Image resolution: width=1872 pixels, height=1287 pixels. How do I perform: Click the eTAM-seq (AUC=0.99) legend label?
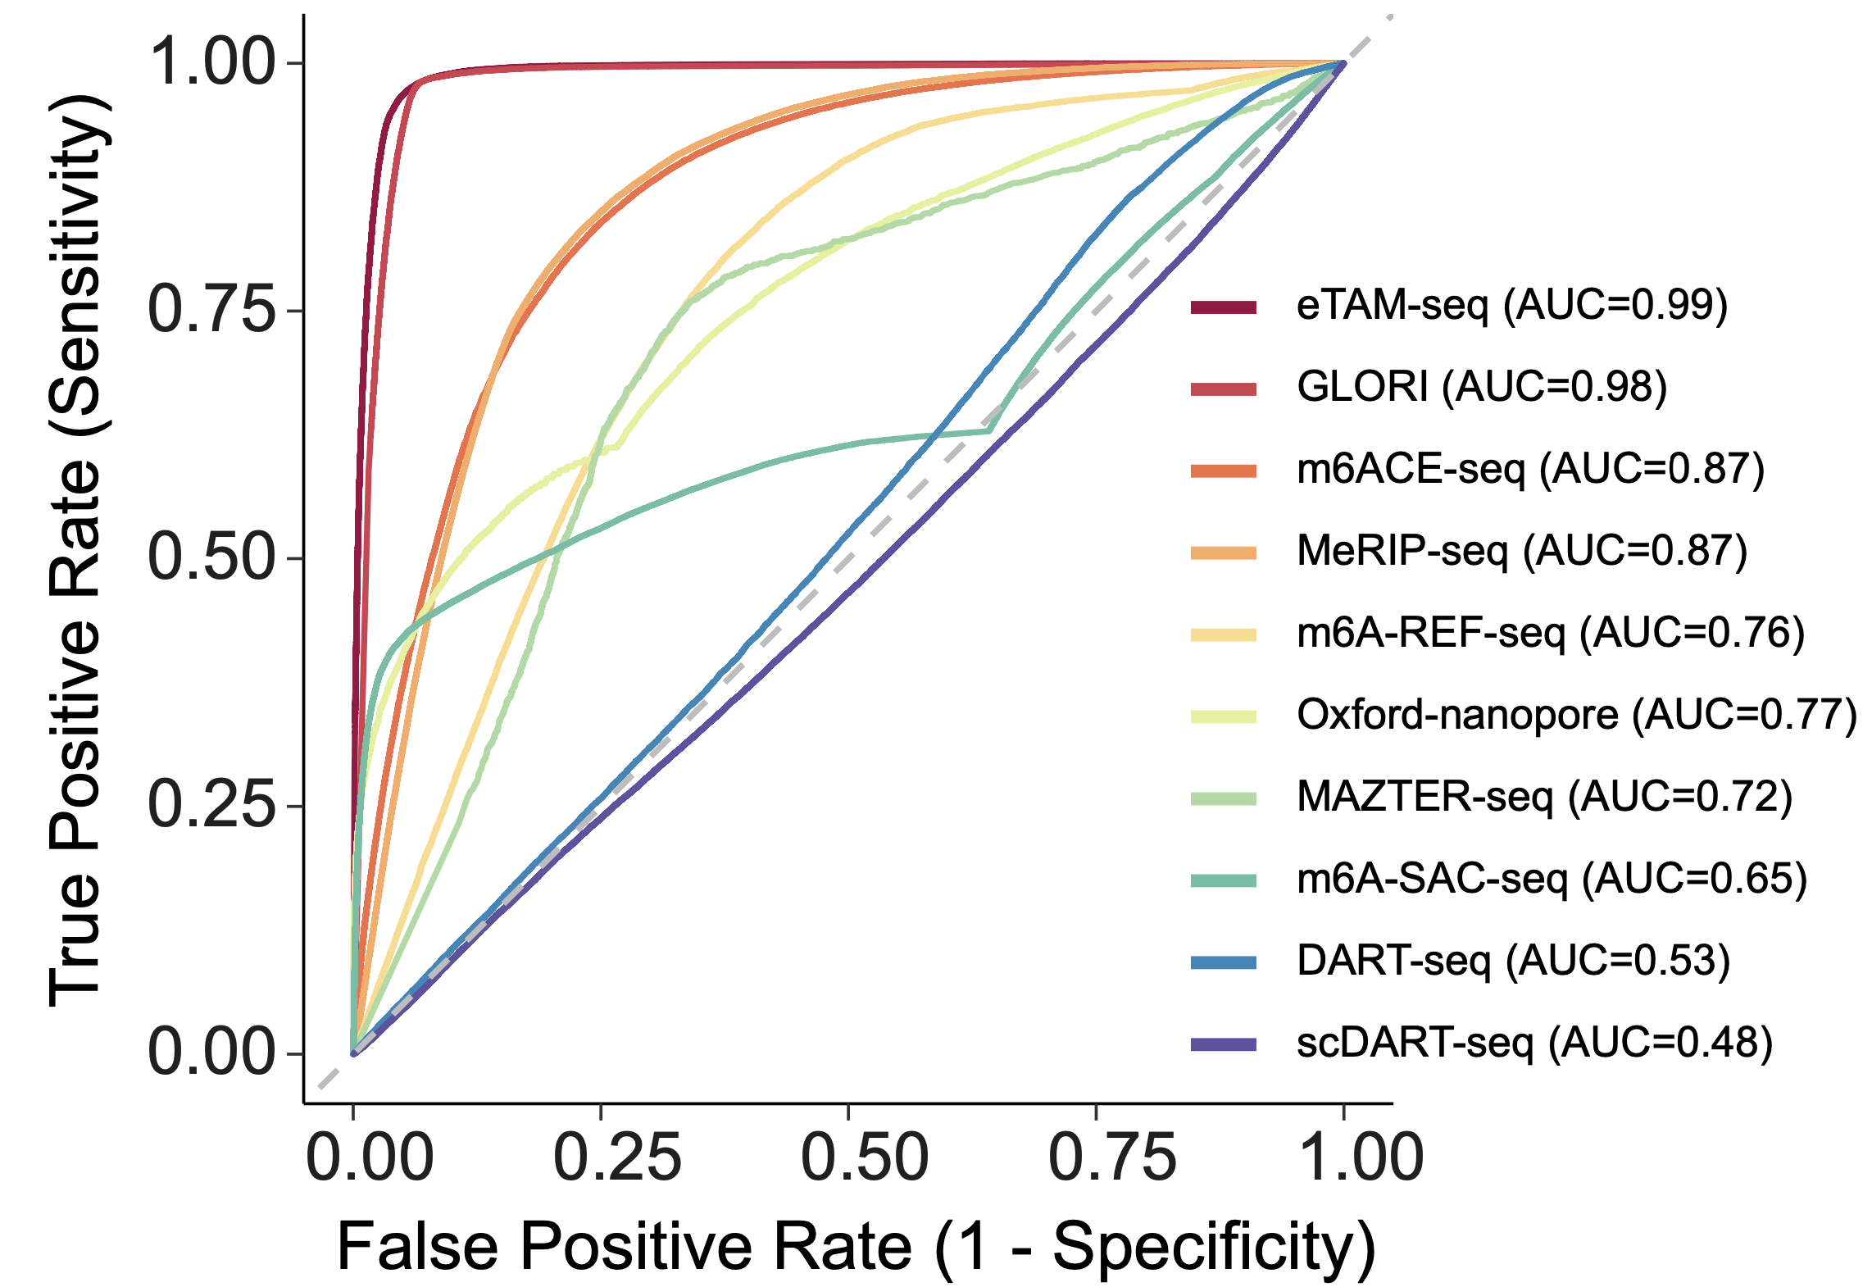click(x=1511, y=306)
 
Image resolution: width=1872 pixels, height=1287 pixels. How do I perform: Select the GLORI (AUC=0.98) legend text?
click(x=1481, y=388)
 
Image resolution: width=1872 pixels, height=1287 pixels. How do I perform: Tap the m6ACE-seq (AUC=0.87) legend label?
click(x=1530, y=470)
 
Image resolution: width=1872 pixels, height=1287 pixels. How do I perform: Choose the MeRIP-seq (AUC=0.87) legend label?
click(x=1522, y=552)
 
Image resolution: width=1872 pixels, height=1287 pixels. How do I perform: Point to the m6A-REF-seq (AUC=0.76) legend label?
click(x=1550, y=634)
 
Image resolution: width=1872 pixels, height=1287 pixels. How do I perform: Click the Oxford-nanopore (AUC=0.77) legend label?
click(x=1576, y=716)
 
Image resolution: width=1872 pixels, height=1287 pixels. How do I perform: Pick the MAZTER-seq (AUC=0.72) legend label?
click(x=1544, y=798)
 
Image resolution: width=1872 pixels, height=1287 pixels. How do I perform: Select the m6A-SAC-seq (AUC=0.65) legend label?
click(x=1552, y=880)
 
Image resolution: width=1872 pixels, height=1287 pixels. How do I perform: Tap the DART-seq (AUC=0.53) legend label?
click(x=1513, y=962)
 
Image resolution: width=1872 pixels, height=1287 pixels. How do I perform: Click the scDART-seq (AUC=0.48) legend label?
click(x=1534, y=1044)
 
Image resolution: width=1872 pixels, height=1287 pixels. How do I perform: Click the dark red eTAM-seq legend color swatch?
click(x=1223, y=307)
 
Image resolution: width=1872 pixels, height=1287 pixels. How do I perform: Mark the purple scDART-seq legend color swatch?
click(x=1223, y=1044)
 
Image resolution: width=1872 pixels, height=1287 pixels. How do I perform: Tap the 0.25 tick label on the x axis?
click(x=616, y=1157)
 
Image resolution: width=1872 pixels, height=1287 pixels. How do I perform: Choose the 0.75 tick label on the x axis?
click(x=1111, y=1157)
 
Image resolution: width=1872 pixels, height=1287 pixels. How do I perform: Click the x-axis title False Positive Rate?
click(x=856, y=1247)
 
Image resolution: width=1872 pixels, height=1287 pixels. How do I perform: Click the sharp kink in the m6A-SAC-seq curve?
click(x=990, y=430)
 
